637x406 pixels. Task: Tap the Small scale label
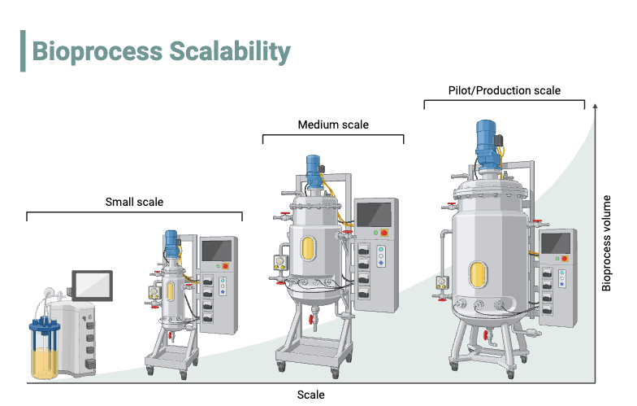point(134,202)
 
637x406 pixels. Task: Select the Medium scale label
point(333,124)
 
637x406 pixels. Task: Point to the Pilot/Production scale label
point(504,90)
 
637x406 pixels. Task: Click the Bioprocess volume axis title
point(606,242)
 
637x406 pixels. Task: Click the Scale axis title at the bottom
point(310,395)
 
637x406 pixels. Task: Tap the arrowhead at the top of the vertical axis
point(596,106)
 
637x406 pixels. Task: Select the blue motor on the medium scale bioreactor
point(314,169)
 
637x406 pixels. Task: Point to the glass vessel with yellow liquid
point(45,351)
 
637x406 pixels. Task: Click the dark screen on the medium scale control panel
point(375,214)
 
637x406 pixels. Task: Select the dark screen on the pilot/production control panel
point(557,243)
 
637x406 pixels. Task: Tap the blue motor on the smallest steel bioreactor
point(171,240)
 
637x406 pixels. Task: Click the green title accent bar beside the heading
point(23,51)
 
